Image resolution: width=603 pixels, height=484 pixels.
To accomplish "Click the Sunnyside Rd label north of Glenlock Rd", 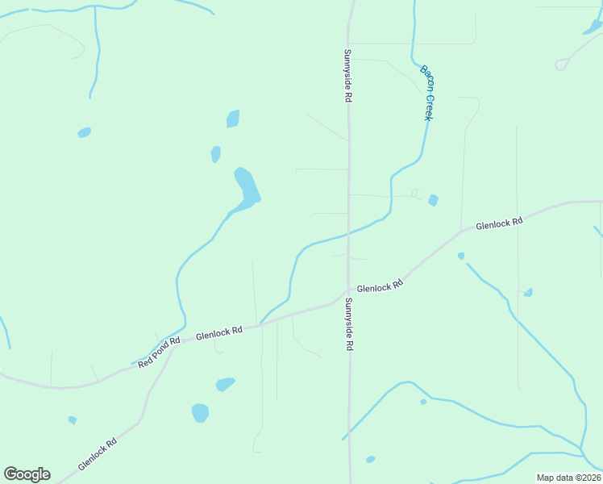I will tap(348, 75).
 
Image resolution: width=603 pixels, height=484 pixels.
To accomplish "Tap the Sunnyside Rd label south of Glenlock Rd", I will tap(349, 323).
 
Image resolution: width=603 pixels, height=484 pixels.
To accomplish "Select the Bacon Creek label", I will tap(427, 92).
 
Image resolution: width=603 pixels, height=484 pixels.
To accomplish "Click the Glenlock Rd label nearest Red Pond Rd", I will tap(218, 332).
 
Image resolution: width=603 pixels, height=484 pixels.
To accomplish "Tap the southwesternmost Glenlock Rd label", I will tap(98, 454).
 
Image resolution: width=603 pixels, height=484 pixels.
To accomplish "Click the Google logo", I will tap(27, 474).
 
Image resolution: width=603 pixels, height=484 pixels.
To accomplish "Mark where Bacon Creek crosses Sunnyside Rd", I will tap(348, 234).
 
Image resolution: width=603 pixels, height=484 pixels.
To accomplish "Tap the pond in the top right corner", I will tap(593, 27).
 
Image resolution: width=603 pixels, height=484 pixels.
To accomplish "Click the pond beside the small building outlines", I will tap(434, 200).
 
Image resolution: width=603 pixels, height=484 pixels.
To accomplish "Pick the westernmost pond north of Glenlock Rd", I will tap(84, 132).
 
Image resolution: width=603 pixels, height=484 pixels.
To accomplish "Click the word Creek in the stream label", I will tap(430, 105).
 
